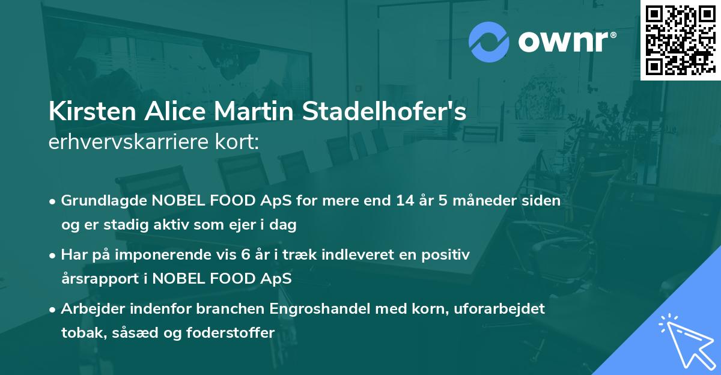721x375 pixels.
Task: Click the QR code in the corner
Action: [x=679, y=40]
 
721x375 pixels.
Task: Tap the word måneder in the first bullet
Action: [x=481, y=201]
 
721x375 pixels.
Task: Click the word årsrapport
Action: [x=102, y=279]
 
